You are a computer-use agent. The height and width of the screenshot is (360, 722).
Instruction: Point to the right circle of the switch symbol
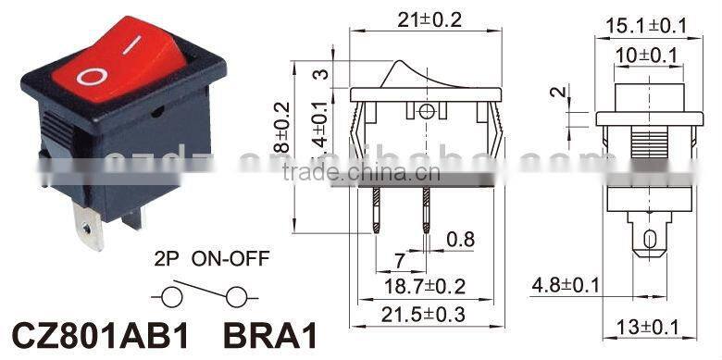[239, 297]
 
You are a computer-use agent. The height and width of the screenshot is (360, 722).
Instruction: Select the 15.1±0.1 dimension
[645, 25]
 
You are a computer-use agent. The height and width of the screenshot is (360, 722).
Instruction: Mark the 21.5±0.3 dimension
[425, 316]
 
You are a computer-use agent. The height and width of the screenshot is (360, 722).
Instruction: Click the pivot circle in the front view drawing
[426, 113]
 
